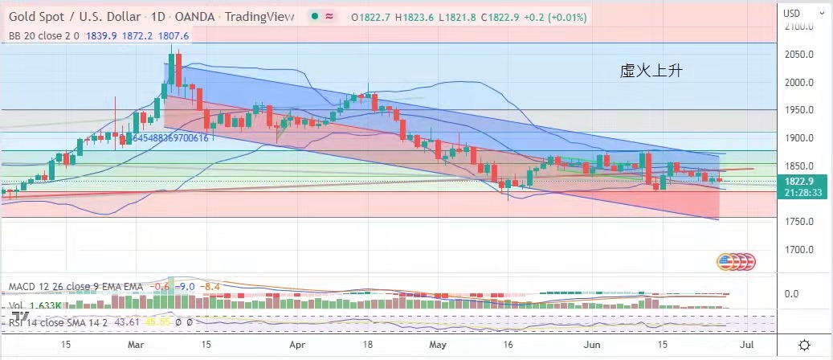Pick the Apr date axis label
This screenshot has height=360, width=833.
[297, 344]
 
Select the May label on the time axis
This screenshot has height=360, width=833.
[437, 344]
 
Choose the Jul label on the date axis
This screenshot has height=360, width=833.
[745, 344]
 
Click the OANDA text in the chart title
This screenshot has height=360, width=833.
[194, 17]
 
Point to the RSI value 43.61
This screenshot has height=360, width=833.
[126, 321]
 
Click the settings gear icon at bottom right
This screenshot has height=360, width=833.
[804, 344]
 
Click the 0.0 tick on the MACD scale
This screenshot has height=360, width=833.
[791, 294]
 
